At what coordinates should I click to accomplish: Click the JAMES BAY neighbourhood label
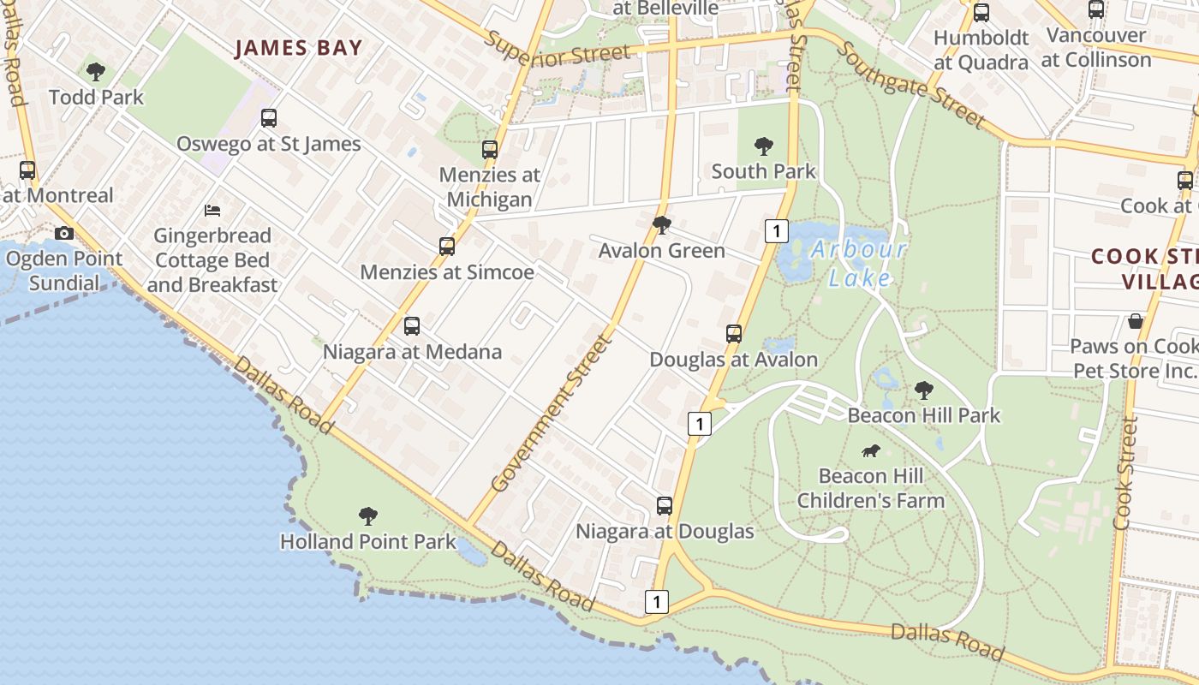299,48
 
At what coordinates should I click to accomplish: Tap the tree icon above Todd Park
96,72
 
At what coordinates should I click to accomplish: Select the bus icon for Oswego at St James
269,118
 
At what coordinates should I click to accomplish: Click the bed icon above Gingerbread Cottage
212,210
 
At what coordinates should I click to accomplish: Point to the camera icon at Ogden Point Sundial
63,233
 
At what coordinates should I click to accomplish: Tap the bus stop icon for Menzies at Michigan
490,150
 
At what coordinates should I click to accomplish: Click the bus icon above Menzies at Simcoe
447,247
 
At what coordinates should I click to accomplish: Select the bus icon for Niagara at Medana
412,326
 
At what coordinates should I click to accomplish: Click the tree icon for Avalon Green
661,225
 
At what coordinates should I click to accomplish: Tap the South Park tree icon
764,146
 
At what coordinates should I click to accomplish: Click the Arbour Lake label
858,263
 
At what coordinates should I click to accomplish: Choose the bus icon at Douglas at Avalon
734,334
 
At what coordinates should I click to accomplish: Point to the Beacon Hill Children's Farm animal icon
870,450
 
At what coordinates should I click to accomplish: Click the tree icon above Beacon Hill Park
923,390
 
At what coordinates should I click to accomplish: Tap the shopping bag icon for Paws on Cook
1136,321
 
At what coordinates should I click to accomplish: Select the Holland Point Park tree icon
368,516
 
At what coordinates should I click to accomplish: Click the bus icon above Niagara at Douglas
665,506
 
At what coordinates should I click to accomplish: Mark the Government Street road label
553,414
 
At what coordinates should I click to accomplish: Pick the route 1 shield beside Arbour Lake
775,229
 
